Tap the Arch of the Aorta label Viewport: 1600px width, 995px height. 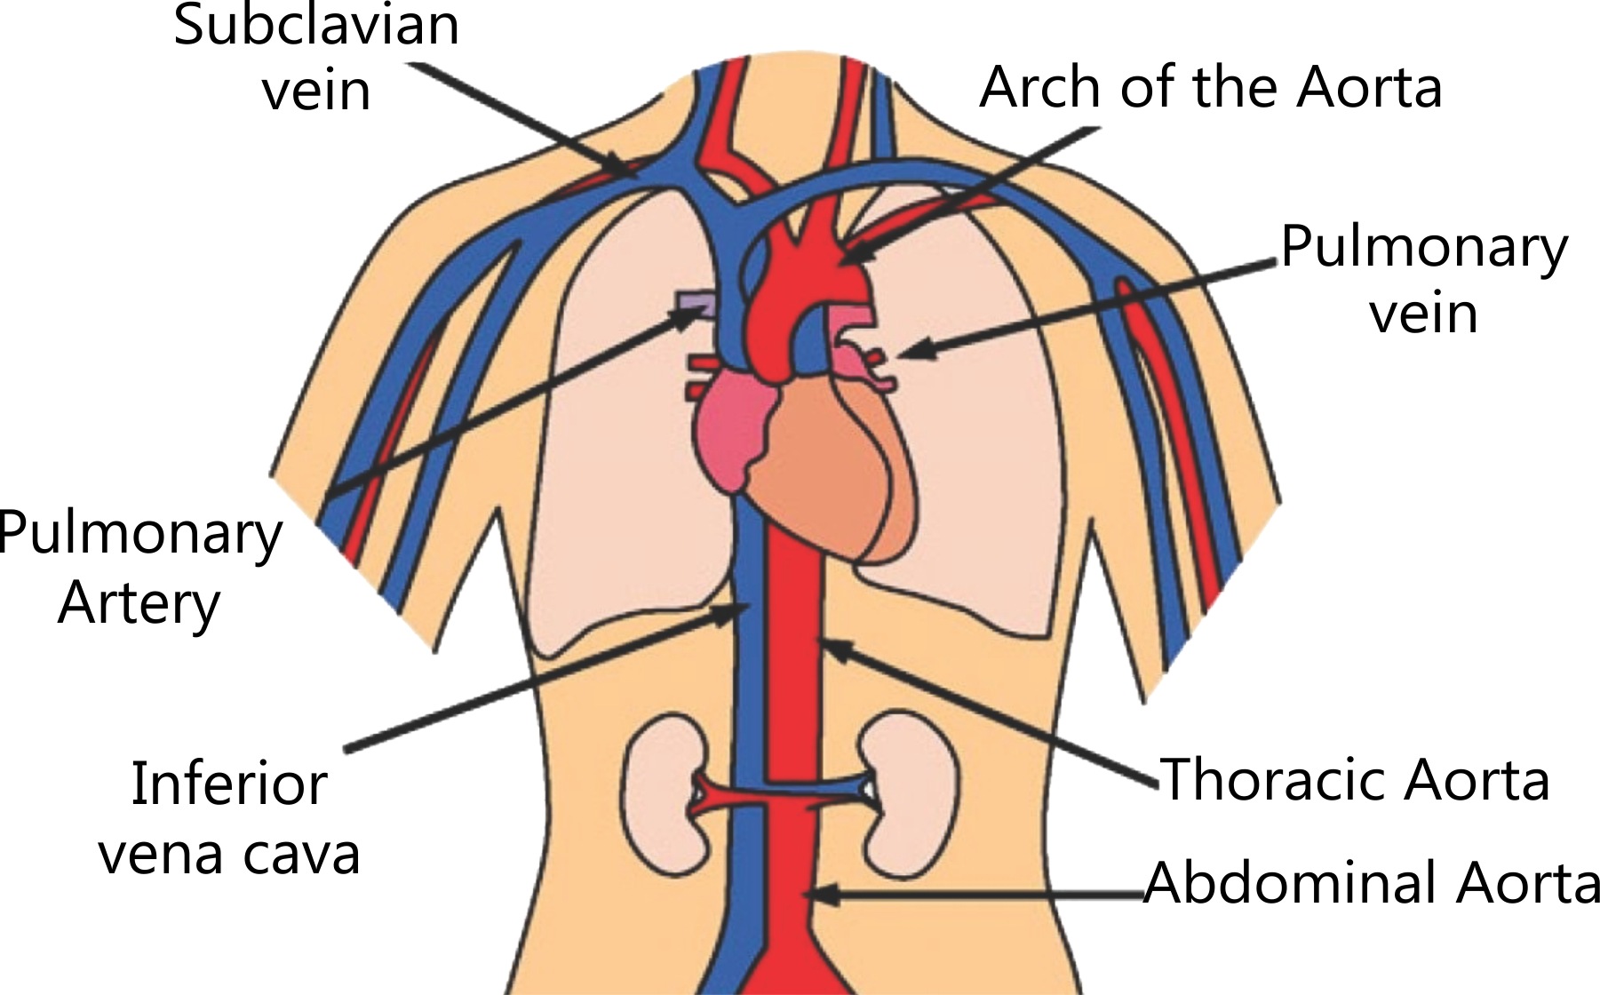pyautogui.click(x=1210, y=87)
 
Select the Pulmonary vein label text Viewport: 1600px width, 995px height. pyautogui.click(x=1424, y=279)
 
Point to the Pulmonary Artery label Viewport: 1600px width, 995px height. pyautogui.click(x=139, y=569)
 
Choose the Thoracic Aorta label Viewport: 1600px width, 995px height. pyautogui.click(x=1356, y=779)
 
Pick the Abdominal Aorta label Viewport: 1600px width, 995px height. pyautogui.click(x=1372, y=883)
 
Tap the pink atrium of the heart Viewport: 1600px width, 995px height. pyautogui.click(x=728, y=426)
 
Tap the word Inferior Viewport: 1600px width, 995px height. pyautogui.click(x=229, y=784)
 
